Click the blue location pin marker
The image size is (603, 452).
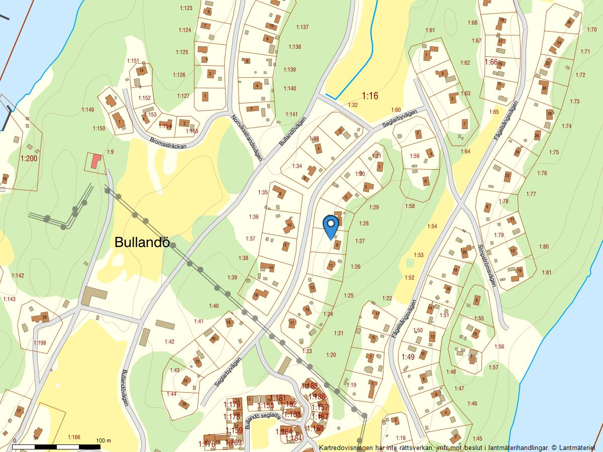click(x=330, y=225)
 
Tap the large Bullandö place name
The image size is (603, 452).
click(x=142, y=242)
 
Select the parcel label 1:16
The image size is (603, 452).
click(x=370, y=95)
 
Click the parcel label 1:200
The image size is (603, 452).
click(x=29, y=158)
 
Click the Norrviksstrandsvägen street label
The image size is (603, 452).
click(x=247, y=138)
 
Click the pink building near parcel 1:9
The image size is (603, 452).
click(x=95, y=161)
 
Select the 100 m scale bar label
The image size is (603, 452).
click(x=104, y=440)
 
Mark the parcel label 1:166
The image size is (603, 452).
click(x=73, y=437)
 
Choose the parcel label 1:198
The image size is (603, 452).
click(x=40, y=343)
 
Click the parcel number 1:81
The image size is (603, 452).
click(x=546, y=273)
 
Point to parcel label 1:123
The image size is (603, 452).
click(x=186, y=8)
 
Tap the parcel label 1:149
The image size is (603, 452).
click(x=87, y=109)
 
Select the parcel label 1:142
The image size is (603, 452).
click(x=18, y=276)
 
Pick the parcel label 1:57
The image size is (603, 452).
click(x=493, y=367)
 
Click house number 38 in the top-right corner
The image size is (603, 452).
click(x=568, y=22)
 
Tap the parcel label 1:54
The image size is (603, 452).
click(x=432, y=227)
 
